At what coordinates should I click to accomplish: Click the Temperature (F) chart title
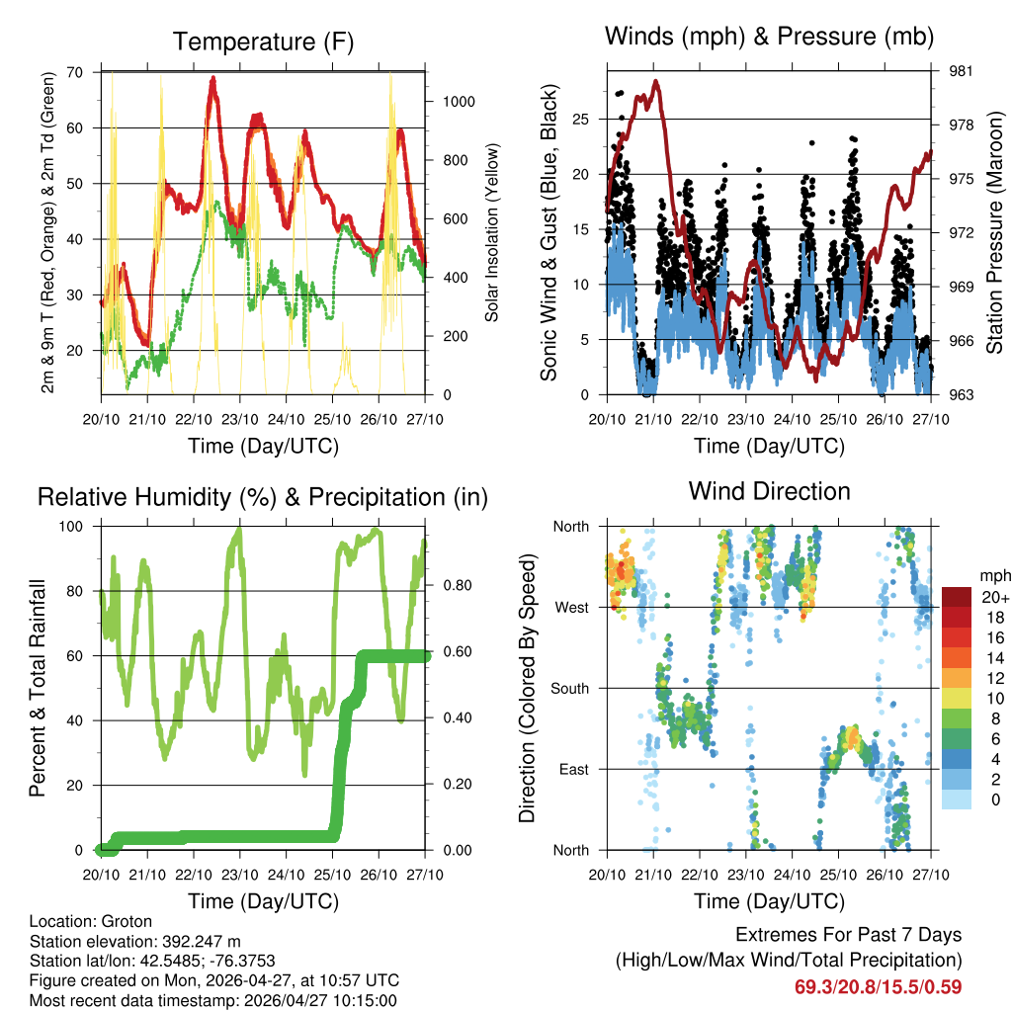point(263,42)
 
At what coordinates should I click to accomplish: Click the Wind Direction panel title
point(769,490)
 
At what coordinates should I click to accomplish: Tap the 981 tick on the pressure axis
point(949,71)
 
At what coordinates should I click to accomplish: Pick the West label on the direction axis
point(572,607)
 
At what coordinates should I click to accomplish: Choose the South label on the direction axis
point(569,688)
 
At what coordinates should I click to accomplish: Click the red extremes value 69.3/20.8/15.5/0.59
point(878,986)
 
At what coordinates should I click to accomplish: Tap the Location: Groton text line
point(91,921)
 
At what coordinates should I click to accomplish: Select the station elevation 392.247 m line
point(135,941)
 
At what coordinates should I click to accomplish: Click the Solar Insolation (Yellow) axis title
point(491,232)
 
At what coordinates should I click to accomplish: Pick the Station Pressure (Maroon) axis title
point(995,232)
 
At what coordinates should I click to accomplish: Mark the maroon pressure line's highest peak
point(655,82)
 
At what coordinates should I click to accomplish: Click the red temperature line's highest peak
point(212,78)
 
